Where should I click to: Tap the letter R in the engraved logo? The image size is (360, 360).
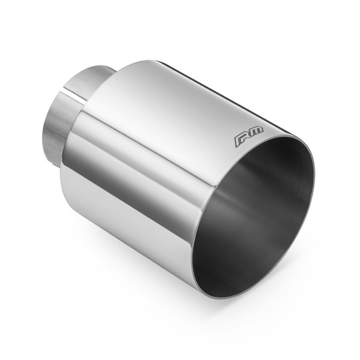pyautogui.click(x=239, y=140)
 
